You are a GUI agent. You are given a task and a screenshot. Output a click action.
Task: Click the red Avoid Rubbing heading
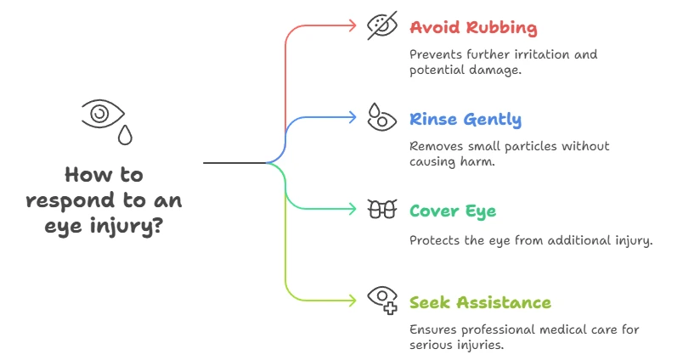tap(473, 27)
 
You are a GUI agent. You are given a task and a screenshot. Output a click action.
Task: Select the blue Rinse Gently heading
tap(466, 119)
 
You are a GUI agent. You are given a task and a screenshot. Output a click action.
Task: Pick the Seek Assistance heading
tap(480, 302)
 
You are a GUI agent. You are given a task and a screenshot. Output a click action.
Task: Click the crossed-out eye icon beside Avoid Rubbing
tap(381, 25)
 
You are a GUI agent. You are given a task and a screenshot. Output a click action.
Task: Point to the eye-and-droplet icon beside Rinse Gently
tap(380, 116)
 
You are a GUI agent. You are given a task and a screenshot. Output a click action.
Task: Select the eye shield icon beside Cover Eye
tap(381, 209)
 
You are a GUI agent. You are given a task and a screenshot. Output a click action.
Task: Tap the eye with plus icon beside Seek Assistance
tap(381, 298)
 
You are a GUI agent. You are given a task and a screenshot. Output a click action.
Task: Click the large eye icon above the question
tap(102, 112)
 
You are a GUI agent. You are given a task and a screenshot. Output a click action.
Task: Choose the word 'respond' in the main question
tap(62, 202)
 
